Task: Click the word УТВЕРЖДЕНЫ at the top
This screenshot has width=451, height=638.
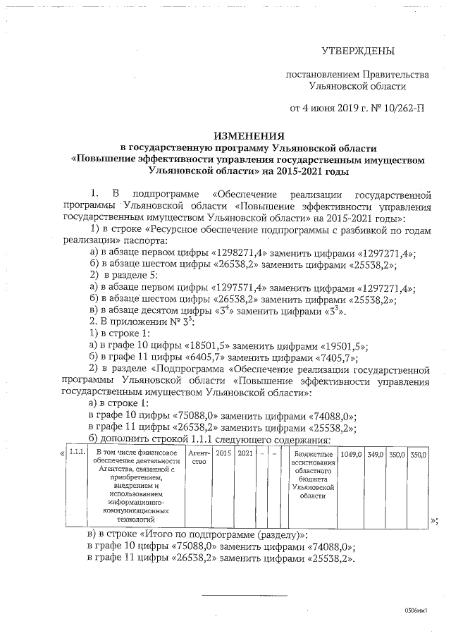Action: tap(358, 51)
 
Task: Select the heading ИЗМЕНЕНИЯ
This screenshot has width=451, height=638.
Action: tap(249, 135)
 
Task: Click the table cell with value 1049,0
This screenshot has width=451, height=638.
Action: tap(351, 455)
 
